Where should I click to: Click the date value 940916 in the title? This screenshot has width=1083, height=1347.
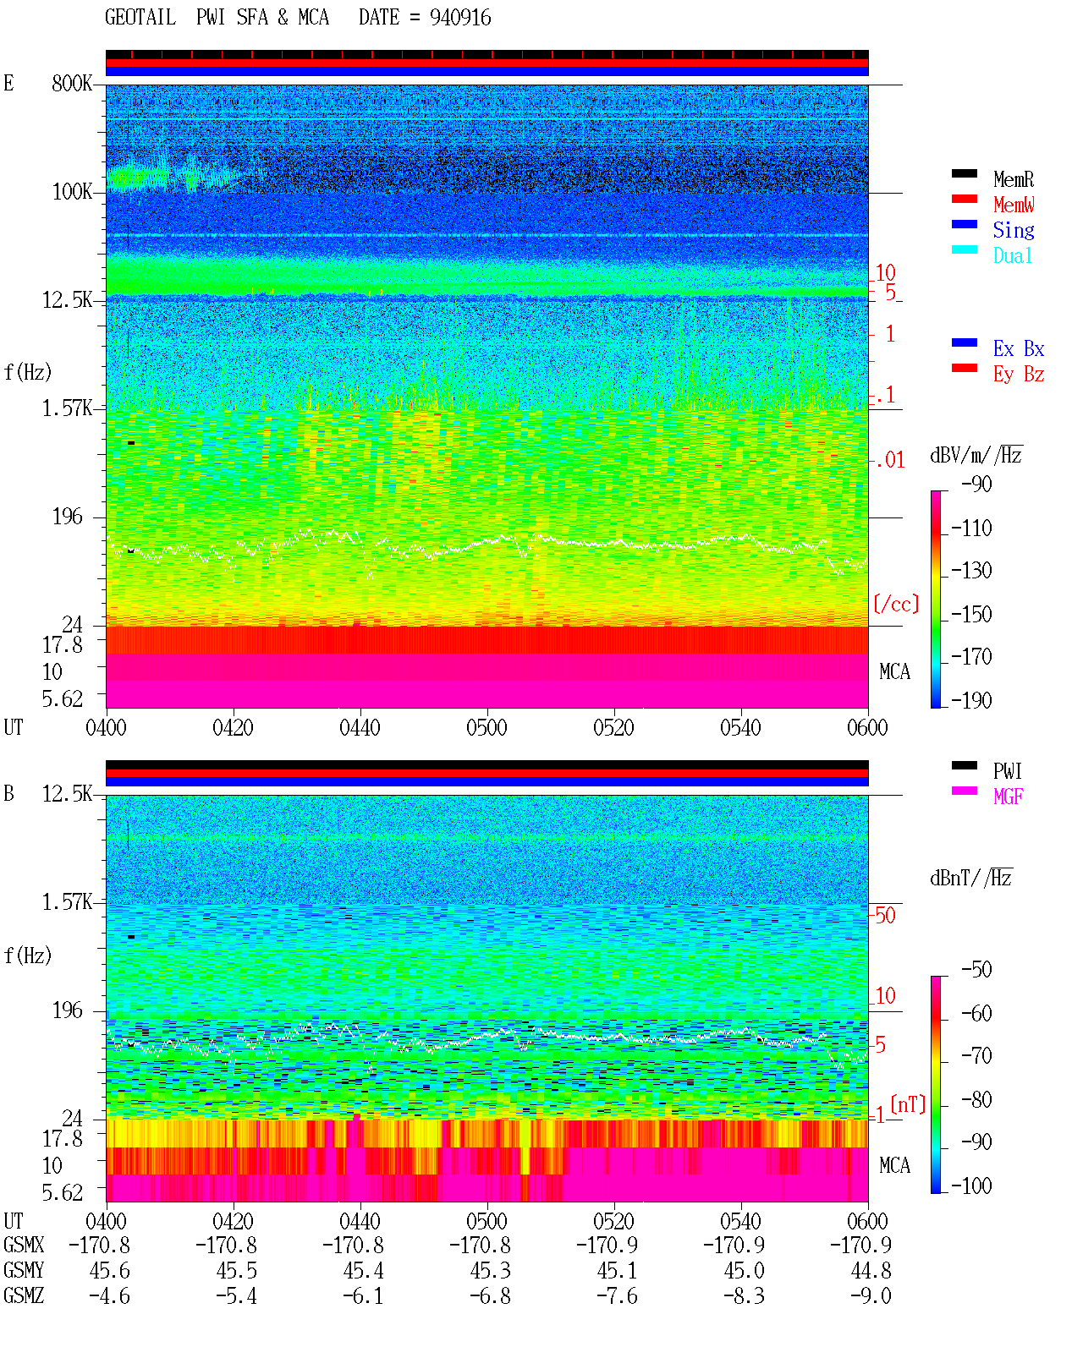click(x=460, y=18)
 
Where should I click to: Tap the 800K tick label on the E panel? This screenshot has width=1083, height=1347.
click(x=72, y=83)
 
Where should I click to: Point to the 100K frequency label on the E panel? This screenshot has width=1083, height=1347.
click(x=72, y=192)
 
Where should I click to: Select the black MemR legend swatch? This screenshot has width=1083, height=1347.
click(x=964, y=173)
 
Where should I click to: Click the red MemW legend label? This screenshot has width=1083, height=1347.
click(x=1014, y=205)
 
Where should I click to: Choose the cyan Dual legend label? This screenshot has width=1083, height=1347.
click(x=1013, y=255)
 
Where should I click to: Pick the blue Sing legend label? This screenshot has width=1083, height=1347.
click(x=1014, y=230)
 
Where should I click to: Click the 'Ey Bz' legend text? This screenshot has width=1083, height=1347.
click(x=1019, y=375)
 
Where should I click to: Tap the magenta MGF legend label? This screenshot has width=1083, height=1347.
click(x=1009, y=797)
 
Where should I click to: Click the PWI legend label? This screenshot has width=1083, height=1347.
click(x=1008, y=771)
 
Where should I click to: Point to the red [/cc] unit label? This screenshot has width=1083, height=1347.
click(x=896, y=604)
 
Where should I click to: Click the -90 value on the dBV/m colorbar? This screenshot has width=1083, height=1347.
click(x=976, y=484)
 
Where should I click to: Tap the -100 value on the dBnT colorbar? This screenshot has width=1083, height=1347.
click(x=971, y=1185)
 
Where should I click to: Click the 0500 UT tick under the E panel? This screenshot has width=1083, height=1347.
click(x=487, y=728)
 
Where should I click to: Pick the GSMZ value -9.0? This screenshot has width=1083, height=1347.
click(x=871, y=1295)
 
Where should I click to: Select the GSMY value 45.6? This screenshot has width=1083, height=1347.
click(x=110, y=1271)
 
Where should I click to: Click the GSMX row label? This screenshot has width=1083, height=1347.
click(x=24, y=1245)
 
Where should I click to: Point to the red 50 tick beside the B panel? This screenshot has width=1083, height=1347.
click(x=885, y=916)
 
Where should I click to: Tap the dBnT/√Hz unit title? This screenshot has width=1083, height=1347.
click(x=971, y=879)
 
